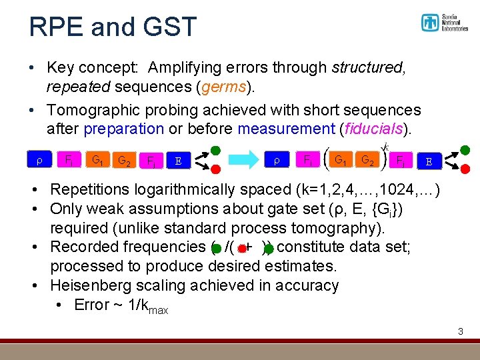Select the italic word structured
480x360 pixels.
(x=366, y=68)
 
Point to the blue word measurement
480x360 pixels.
(x=286, y=128)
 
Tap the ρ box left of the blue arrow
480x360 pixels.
(x=39, y=160)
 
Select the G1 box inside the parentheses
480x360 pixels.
(x=339, y=160)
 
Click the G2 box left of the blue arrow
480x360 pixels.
(x=123, y=161)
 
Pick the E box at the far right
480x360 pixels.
(x=429, y=161)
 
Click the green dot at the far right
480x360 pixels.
(x=465, y=150)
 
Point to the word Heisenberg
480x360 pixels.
(x=98, y=285)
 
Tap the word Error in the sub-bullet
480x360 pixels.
(x=91, y=305)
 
